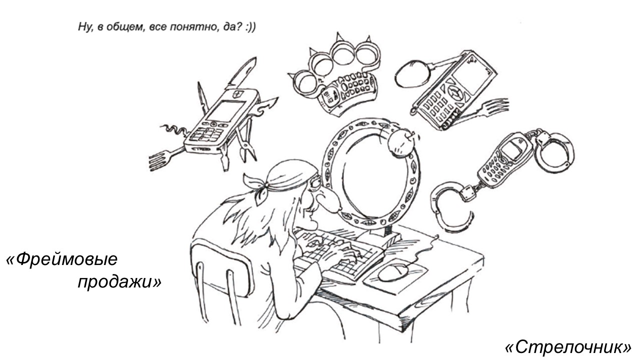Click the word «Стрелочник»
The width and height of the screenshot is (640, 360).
568,347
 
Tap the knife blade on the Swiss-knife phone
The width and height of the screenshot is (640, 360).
241,72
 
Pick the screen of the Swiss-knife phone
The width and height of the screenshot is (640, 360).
225,111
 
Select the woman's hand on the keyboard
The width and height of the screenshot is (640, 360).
340,254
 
